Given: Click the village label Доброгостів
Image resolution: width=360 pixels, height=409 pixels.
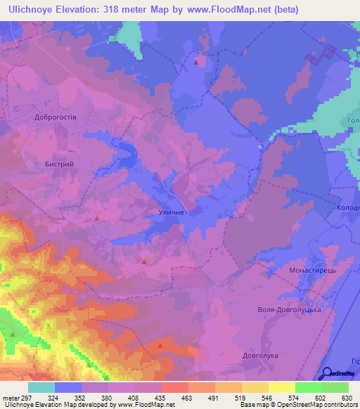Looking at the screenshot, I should (56, 117).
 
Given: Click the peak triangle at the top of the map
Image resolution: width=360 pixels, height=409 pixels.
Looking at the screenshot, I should (195, 62).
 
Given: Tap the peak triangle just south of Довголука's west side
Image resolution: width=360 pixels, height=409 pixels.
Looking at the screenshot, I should (160, 345).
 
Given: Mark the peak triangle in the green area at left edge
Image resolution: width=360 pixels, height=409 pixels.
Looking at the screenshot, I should (12, 333).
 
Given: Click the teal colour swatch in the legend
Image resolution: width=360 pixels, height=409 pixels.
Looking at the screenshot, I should (41, 387).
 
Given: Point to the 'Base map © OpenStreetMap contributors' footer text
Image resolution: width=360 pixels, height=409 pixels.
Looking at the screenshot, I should (299, 405).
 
